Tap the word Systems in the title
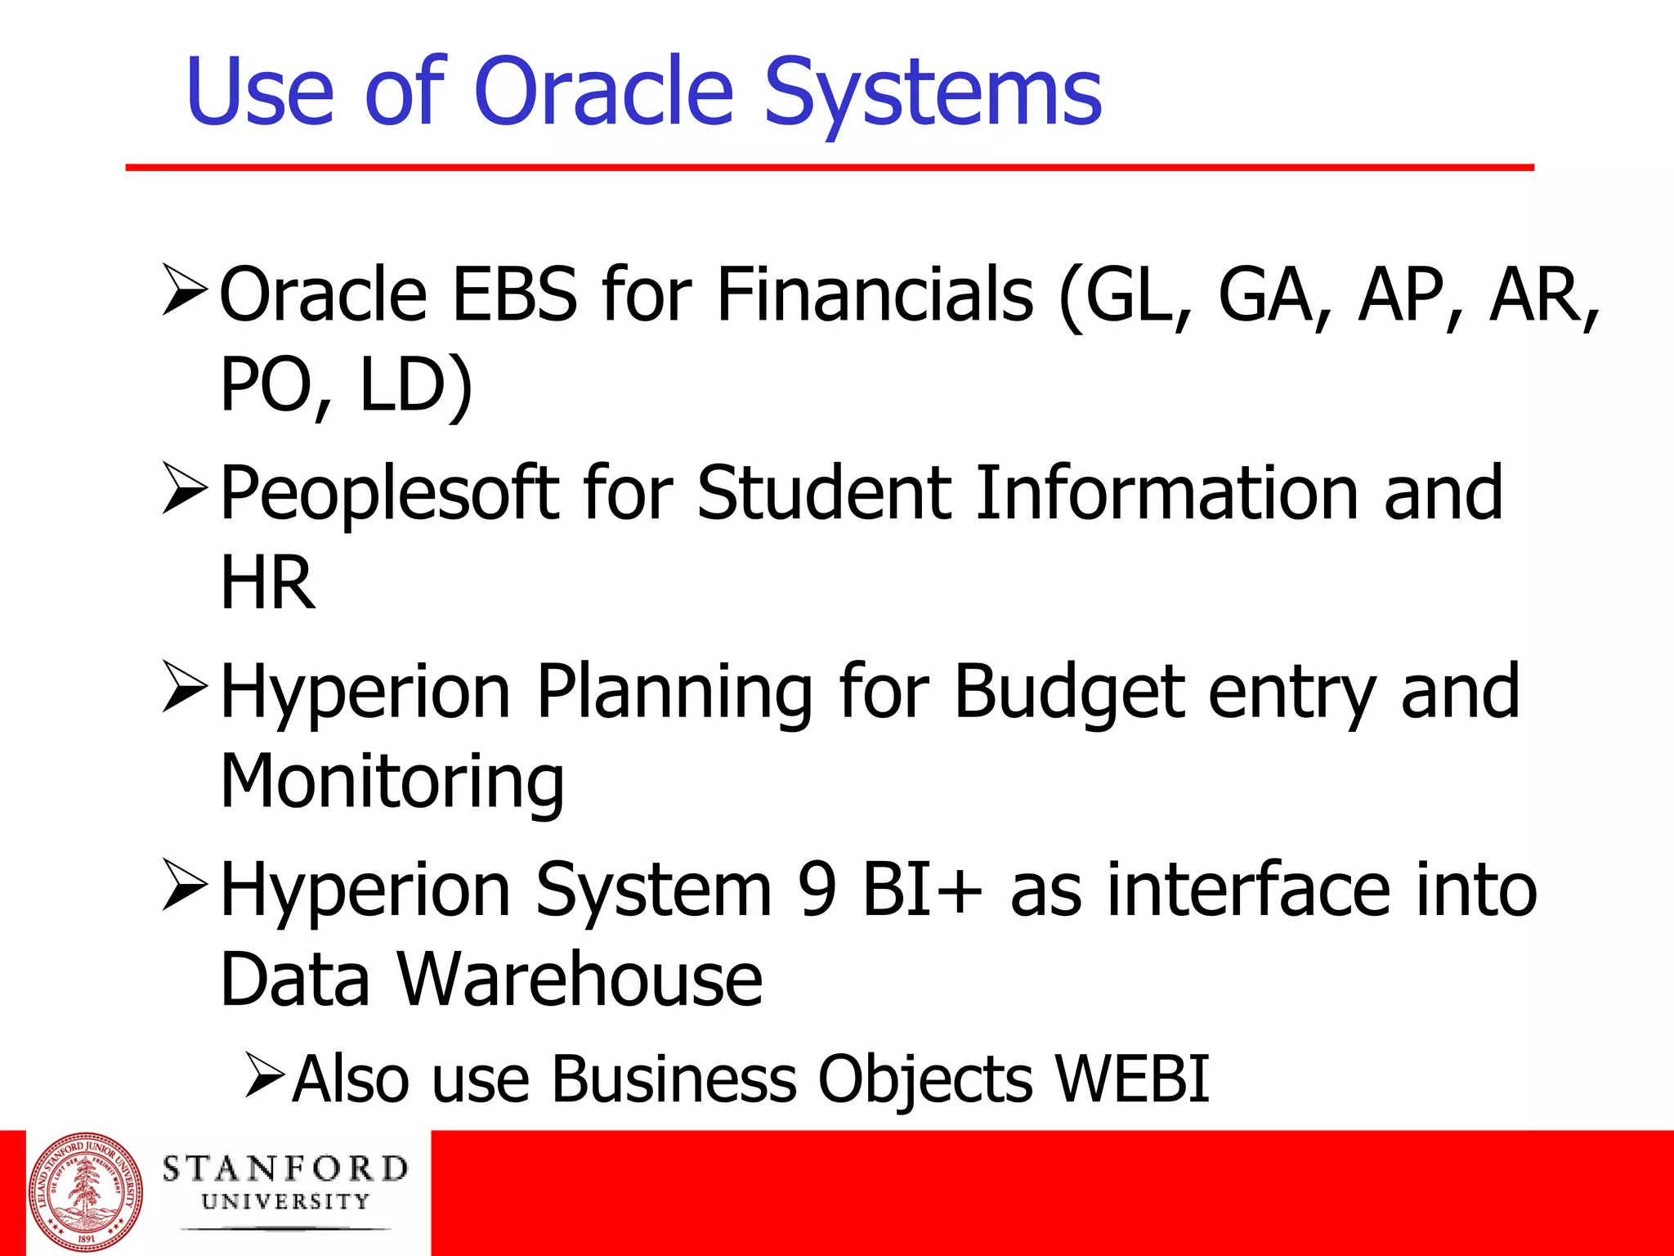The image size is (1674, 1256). [933, 94]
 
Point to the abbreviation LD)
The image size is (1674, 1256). [416, 386]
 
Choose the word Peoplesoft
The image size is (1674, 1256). [390, 495]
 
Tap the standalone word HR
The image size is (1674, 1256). [267, 583]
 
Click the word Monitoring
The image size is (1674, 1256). [392, 783]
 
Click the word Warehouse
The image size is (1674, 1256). [580, 980]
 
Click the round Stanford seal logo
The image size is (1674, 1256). [85, 1191]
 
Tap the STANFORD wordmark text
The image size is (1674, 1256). [285, 1169]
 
